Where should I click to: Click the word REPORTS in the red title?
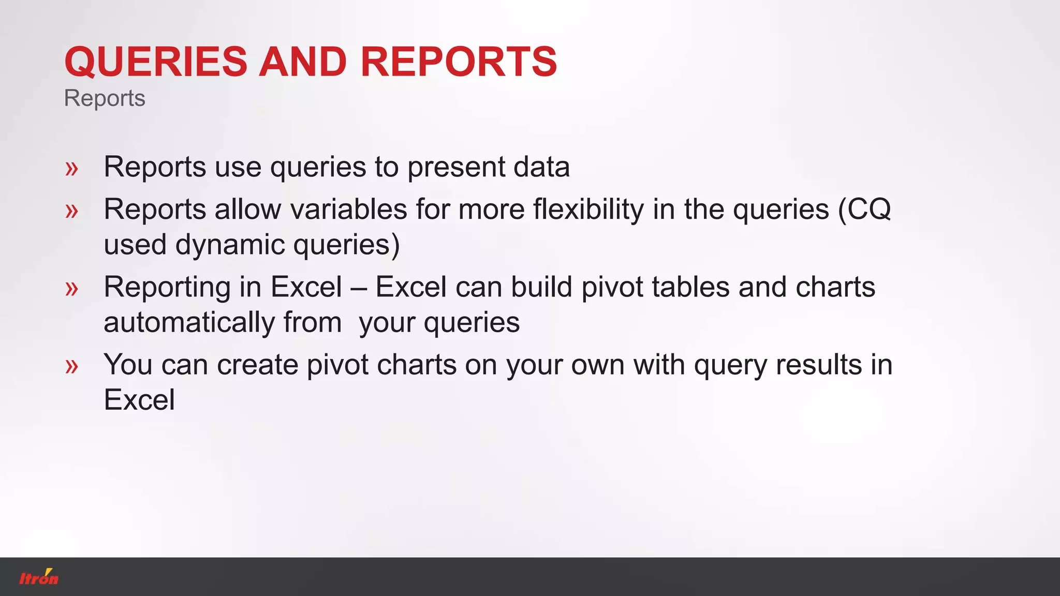(459, 62)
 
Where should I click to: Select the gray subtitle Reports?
(105, 98)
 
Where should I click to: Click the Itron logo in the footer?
(39, 577)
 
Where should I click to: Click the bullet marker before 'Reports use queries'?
(72, 169)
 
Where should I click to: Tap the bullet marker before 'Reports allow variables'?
(72, 211)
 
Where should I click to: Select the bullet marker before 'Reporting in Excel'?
(72, 289)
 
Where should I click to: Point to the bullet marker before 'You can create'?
(72, 366)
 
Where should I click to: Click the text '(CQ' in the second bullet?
(864, 210)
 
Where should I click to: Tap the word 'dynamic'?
(230, 245)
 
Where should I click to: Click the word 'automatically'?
(189, 323)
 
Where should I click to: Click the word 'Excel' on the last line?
(139, 400)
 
